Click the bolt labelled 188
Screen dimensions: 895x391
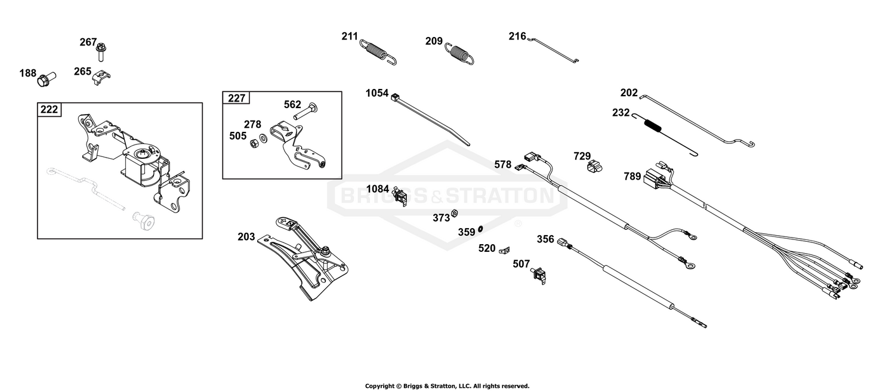47,79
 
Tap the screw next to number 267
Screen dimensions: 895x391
101,52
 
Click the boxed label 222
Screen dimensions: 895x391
49,110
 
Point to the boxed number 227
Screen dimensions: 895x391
236,98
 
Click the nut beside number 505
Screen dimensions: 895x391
254,143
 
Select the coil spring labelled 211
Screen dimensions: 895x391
378,52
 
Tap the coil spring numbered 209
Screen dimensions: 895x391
459,53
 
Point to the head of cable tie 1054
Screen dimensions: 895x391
395,97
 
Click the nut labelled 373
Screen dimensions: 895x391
454,214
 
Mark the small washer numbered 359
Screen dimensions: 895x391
480,229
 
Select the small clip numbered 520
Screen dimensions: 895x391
505,251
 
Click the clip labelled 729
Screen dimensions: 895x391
594,167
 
